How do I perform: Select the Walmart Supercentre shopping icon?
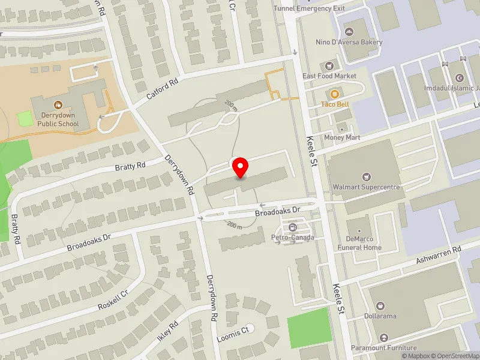point(366,176)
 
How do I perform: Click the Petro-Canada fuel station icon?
point(293,227)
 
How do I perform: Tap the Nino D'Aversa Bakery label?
point(349,42)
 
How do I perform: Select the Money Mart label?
point(341,138)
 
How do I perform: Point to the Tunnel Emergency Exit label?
point(309,8)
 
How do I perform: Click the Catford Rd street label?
point(162,92)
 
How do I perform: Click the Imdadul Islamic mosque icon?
point(460,78)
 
